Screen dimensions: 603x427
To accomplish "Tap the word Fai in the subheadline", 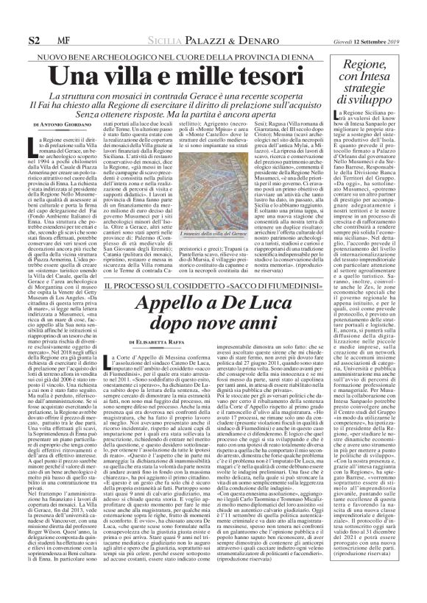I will [64, 95].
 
